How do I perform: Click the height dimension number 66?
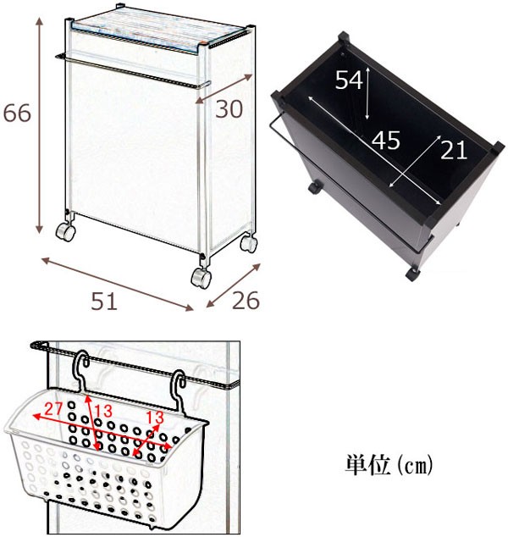[17, 113]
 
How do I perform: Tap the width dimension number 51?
[104, 302]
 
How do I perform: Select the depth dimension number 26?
[246, 301]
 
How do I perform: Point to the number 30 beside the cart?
[229, 109]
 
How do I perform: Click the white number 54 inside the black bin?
[349, 80]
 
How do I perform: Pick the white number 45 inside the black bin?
[386, 141]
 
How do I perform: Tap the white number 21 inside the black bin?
[454, 150]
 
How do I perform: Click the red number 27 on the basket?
[53, 408]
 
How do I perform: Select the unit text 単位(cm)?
[389, 465]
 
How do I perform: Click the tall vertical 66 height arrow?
[40, 125]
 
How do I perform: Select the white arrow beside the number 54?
[367, 93]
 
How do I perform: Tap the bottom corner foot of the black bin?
[412, 274]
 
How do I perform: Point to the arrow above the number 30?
[224, 89]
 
